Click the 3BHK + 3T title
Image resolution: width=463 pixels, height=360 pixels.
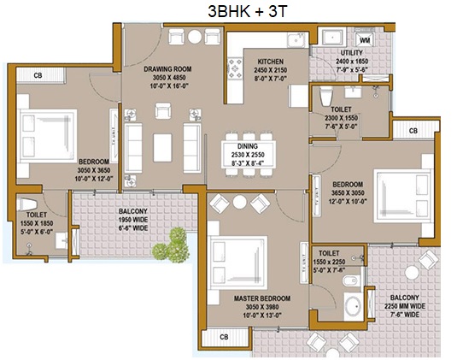[x=248, y=11]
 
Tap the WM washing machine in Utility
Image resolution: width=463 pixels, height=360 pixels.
[x=365, y=39]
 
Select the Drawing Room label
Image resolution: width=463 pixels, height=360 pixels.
[x=167, y=69]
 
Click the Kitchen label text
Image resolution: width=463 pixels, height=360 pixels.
[x=271, y=62]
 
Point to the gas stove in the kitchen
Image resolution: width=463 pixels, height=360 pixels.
[x=235, y=68]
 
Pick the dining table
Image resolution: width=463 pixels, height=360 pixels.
[x=249, y=154]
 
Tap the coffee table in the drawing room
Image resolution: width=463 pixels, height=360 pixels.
[x=162, y=147]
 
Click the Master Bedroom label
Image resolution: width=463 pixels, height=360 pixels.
[x=262, y=298]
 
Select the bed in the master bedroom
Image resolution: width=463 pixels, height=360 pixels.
[x=237, y=263]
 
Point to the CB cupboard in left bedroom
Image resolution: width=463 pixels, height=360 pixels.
[x=40, y=75]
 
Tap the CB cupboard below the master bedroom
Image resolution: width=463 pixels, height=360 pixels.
[x=226, y=337]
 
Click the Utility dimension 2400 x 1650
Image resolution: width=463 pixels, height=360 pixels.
[x=352, y=62]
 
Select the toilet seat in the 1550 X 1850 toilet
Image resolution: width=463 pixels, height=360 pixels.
[x=27, y=204]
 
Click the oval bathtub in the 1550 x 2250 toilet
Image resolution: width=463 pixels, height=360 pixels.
[x=354, y=306]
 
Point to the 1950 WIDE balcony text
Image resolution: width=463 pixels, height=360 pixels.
[x=133, y=220]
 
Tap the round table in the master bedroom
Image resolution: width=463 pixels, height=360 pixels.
[x=239, y=202]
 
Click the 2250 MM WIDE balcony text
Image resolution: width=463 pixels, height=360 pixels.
[x=404, y=306]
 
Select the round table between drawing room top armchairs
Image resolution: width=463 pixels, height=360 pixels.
[x=195, y=37]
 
